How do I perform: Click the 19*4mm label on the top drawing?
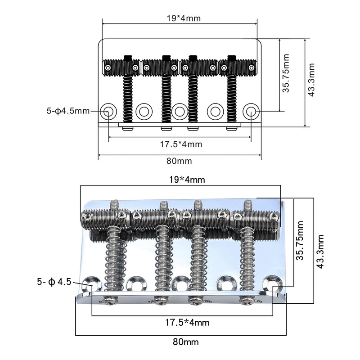[184, 18]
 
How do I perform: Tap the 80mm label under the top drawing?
[179, 161]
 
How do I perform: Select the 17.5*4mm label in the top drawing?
[181, 144]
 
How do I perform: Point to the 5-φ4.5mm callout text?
[68, 111]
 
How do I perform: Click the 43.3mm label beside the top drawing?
[311, 80]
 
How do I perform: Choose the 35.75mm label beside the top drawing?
[286, 73]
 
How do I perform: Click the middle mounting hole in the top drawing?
[180, 112]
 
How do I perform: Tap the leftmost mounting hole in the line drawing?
[108, 112]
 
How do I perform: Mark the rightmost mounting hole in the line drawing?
[251, 112]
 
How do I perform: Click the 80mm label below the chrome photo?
[186, 342]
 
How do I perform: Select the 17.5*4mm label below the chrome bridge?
[187, 323]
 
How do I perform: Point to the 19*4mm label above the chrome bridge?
[187, 179]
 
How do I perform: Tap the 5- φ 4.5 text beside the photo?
[54, 282]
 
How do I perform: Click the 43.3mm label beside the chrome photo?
[320, 252]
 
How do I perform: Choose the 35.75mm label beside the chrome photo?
[300, 240]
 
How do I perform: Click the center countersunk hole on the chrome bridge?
[181, 283]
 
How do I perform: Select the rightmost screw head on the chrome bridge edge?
[247, 300]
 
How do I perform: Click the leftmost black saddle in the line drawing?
[121, 67]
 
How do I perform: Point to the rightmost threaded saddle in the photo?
[256, 220]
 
